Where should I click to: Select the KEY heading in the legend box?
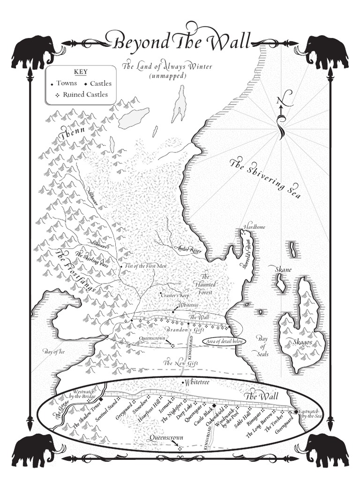point(81,72)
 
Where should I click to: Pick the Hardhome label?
point(254,227)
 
